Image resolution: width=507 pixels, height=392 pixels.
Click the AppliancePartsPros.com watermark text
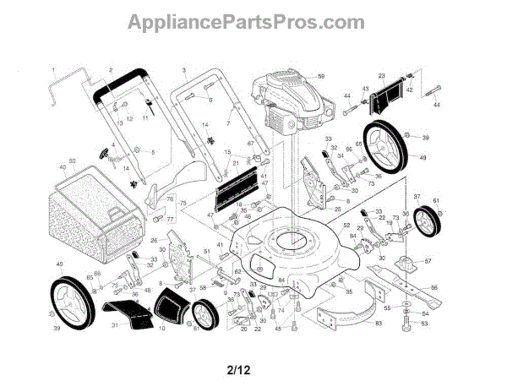point(253,23)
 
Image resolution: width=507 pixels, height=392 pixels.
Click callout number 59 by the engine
point(321,77)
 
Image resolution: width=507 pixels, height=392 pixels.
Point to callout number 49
point(422,157)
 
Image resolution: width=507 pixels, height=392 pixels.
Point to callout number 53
point(424,323)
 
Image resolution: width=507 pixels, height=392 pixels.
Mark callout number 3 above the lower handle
point(183,68)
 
